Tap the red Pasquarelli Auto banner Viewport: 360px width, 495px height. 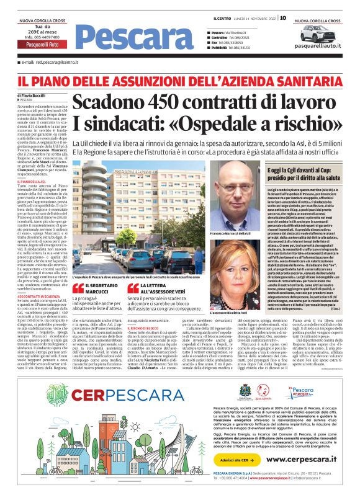point(42,45)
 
